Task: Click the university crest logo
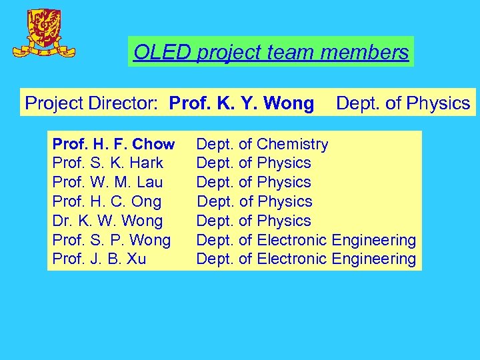pyautogui.click(x=45, y=33)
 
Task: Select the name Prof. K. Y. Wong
pyautogui.click(x=241, y=103)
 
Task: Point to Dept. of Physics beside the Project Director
pyautogui.click(x=403, y=103)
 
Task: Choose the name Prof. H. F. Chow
pyautogui.click(x=113, y=144)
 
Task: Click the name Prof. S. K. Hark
pyautogui.click(x=107, y=163)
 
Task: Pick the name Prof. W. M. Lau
pyautogui.click(x=107, y=182)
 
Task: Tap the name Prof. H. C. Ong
pyautogui.click(x=107, y=201)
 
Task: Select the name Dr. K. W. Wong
pyautogui.click(x=107, y=221)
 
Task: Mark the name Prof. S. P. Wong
pyautogui.click(x=111, y=240)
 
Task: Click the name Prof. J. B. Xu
pyautogui.click(x=99, y=259)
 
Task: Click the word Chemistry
pyautogui.click(x=292, y=144)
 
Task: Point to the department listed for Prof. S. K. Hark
pyautogui.click(x=253, y=163)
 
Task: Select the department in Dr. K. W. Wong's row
pyautogui.click(x=253, y=221)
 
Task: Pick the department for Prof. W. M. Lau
pyautogui.click(x=253, y=182)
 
